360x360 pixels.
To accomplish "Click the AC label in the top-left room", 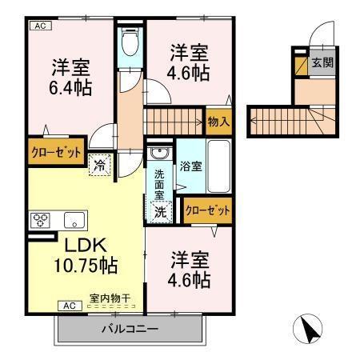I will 40,26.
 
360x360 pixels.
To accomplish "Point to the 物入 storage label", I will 218,122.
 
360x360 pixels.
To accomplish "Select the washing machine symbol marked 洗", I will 161,212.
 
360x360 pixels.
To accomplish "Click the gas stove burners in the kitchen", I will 41,220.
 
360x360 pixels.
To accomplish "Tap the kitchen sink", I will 74,220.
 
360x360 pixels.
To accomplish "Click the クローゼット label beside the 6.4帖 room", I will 56,152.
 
